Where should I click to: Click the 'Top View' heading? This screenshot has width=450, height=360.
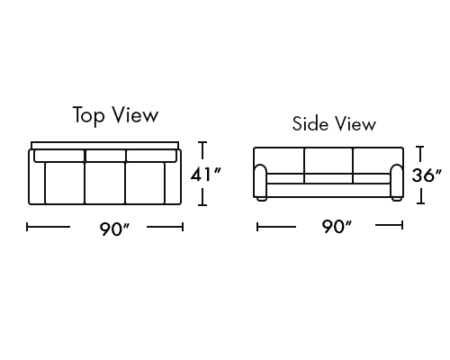coord(115,115)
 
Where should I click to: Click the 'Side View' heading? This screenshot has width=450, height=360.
coord(334,123)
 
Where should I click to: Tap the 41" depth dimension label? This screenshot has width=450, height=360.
coord(206,175)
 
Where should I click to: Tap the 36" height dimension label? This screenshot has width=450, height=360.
coord(427,175)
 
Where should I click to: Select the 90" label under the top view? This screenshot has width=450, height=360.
coord(114,229)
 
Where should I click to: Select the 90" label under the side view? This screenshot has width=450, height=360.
coord(337,227)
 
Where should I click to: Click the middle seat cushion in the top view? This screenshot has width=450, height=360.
coord(105,183)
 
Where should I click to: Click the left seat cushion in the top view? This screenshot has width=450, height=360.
coord(65,183)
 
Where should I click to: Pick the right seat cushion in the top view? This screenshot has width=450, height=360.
coord(145,183)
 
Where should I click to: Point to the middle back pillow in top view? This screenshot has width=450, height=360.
coord(105,156)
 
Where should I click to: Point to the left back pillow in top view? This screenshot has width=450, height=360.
coord(59,156)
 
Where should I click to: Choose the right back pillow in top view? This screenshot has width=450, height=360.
coord(151,156)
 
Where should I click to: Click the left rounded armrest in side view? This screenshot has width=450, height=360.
coord(260,181)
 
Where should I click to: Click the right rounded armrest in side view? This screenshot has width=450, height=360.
coord(397,181)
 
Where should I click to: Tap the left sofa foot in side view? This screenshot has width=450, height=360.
coord(261,199)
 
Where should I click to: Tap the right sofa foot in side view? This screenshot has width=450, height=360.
coord(397,199)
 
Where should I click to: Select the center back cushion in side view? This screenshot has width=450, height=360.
coord(328,160)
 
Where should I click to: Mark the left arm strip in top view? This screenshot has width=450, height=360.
coord(37,183)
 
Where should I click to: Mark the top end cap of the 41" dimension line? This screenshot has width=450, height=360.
coord(202,142)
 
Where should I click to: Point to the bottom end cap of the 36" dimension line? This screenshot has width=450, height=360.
coord(420,203)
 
